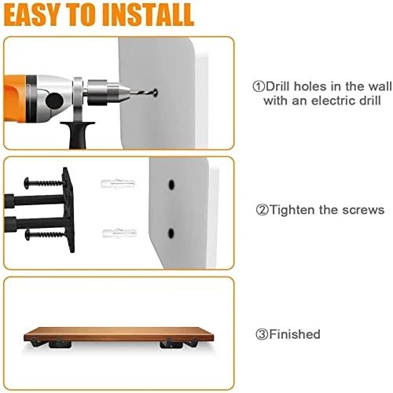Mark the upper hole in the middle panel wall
pos(170,186)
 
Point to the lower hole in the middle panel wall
pos(170,233)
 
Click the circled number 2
pos(262,210)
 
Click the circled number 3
pos(261,334)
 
